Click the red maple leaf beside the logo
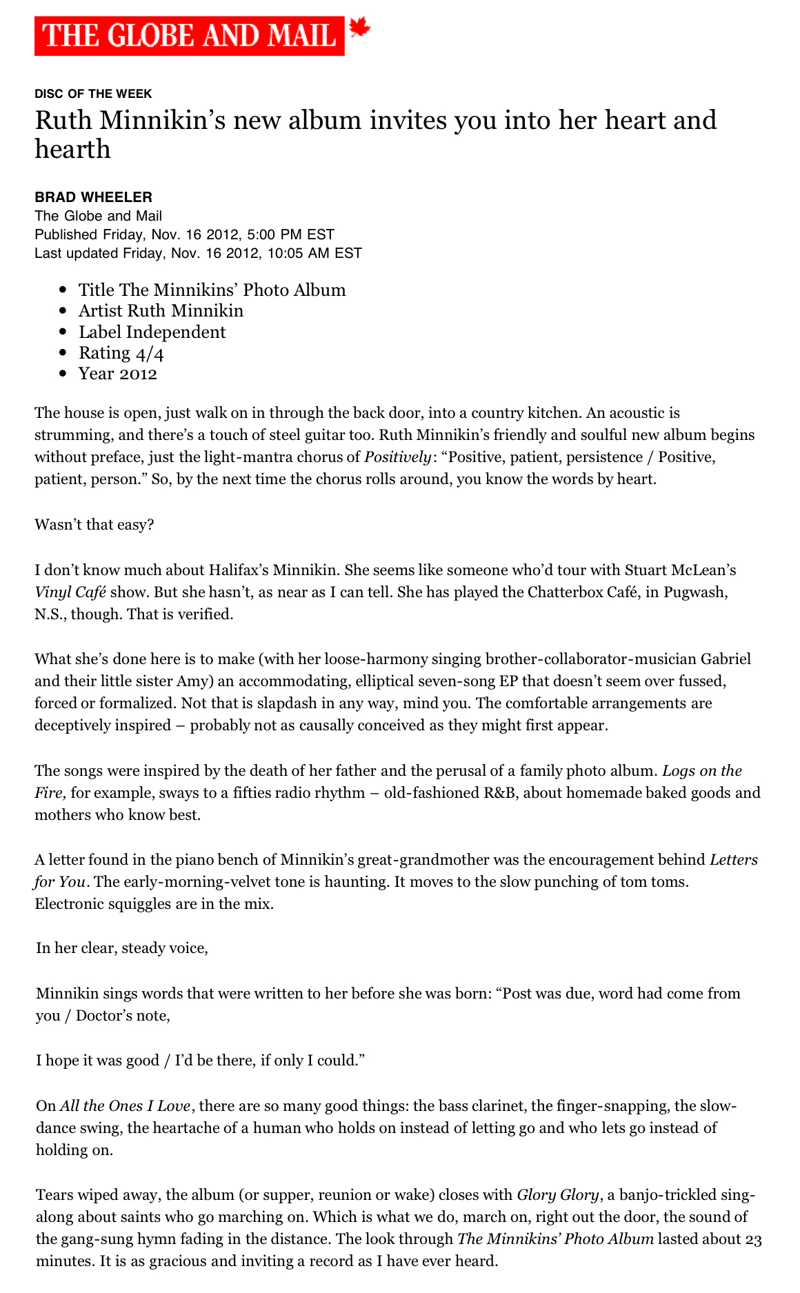click(x=360, y=28)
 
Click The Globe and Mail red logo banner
click(x=189, y=36)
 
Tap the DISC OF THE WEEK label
click(x=93, y=94)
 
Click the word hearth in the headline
click(x=72, y=149)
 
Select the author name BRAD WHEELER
click(x=93, y=197)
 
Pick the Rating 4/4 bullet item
click(x=121, y=353)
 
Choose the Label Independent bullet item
click(x=152, y=332)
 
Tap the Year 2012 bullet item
click(x=117, y=374)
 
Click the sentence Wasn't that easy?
click(x=94, y=525)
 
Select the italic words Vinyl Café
click(x=70, y=592)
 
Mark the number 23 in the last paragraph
click(x=753, y=1239)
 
